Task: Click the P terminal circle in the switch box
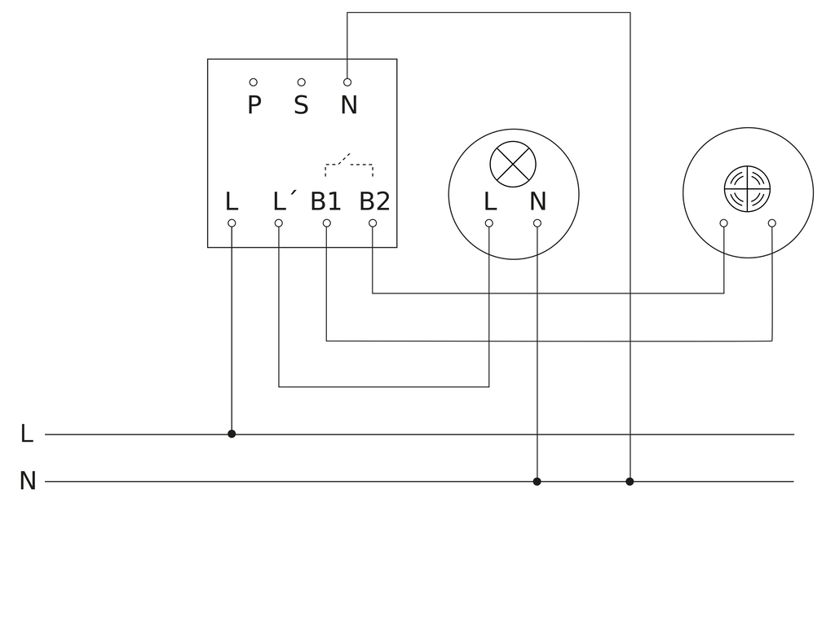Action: point(254,82)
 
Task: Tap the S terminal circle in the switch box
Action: point(302,82)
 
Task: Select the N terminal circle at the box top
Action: point(347,82)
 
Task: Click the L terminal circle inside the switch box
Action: point(232,223)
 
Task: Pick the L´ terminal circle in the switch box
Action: point(279,223)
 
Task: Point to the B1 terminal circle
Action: point(326,223)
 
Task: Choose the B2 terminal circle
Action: point(373,223)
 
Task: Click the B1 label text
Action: point(325,201)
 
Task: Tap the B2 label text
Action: point(374,201)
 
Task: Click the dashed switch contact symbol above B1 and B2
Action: point(349,165)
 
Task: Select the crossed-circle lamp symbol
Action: point(513,164)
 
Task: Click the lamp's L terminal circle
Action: point(489,223)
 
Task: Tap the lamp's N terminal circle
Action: point(537,223)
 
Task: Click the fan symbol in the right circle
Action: point(747,188)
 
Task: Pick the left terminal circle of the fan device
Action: point(724,223)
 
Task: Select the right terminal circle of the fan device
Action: point(772,223)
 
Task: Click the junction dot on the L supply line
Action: point(232,434)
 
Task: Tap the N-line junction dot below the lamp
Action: point(537,481)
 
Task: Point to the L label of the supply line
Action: point(27,434)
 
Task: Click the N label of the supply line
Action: point(27,481)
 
